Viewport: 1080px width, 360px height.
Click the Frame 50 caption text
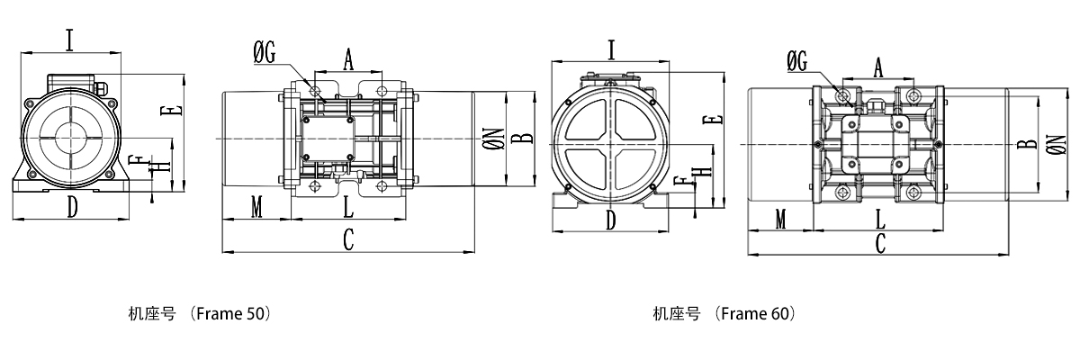pyautogui.click(x=200, y=314)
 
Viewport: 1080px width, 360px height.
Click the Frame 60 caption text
pyautogui.click(x=724, y=314)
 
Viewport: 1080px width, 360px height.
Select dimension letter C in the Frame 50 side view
pyautogui.click(x=348, y=238)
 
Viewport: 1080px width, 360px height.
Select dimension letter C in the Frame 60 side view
pyautogui.click(x=881, y=241)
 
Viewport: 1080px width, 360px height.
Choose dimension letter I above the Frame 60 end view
pyautogui.click(x=611, y=49)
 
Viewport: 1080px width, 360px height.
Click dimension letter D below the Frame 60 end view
pyautogui.click(x=611, y=219)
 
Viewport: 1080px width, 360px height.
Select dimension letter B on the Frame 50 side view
pyautogui.click(x=527, y=138)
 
